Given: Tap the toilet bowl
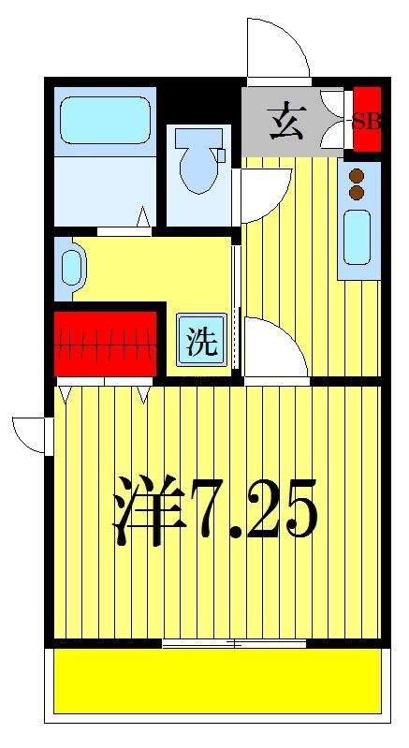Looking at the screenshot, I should (200, 161).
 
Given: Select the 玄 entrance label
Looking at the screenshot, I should (285, 123).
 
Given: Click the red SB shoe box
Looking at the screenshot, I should (367, 119).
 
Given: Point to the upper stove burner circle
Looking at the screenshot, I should (356, 175).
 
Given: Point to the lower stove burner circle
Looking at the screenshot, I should (356, 193).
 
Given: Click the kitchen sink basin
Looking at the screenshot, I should (356, 238).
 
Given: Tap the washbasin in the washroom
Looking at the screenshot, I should (71, 265).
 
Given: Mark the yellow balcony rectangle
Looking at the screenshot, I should (216, 681).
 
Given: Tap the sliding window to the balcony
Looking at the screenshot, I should (234, 643).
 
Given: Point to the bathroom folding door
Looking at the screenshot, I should (122, 225).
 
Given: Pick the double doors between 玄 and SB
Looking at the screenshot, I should (332, 119).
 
